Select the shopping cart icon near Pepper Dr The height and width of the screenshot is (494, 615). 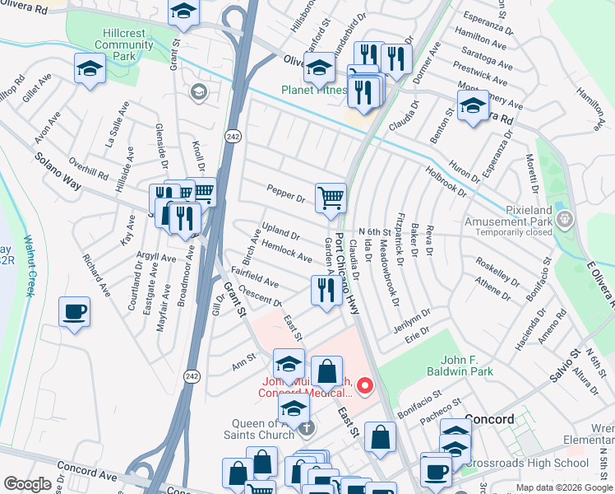(331, 197)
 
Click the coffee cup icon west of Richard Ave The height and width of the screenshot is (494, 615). (74, 311)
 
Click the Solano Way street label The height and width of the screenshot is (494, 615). (57, 170)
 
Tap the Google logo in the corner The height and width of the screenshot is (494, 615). (27, 485)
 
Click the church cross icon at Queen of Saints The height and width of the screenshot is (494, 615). (306, 427)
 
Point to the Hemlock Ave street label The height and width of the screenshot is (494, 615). (286, 252)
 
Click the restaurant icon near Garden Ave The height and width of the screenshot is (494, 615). (326, 290)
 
